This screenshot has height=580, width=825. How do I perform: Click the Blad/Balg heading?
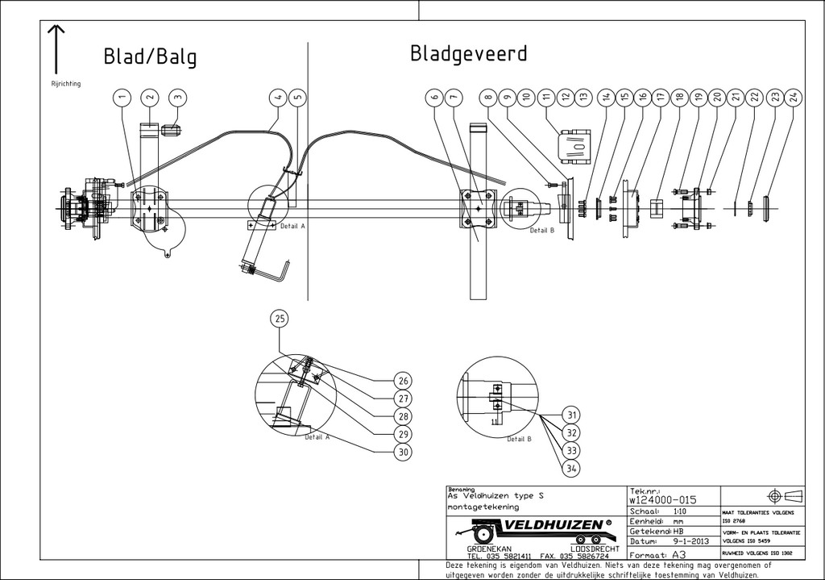tap(150, 57)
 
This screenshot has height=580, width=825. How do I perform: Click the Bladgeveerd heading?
tap(469, 54)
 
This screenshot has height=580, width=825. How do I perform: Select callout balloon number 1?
tap(122, 98)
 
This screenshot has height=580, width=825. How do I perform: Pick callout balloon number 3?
tap(179, 98)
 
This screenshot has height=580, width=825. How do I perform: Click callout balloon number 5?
tap(297, 98)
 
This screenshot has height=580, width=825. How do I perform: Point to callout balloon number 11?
tap(547, 98)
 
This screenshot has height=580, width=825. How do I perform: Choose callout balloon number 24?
tap(793, 98)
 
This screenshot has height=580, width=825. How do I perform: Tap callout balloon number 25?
tap(280, 319)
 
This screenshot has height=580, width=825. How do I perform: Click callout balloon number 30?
tap(404, 453)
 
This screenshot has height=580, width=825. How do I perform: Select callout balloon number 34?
tap(572, 469)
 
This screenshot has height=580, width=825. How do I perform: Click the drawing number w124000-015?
tap(661, 500)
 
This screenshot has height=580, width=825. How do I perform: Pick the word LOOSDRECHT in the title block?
tap(587, 549)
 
